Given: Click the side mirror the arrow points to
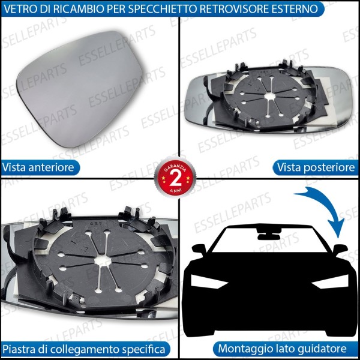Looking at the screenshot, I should (x=340, y=249).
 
